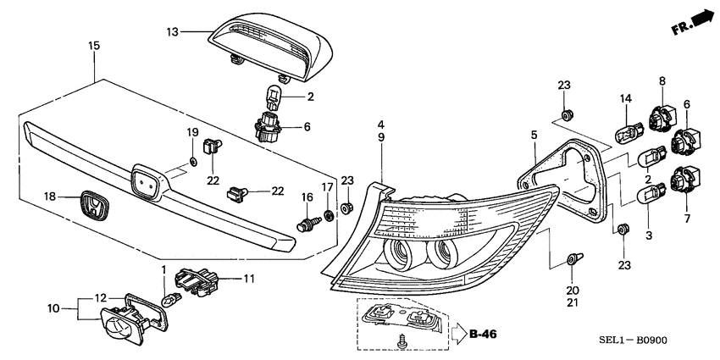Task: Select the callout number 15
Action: click(94, 44)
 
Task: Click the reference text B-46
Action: click(483, 334)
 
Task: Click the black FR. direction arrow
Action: click(700, 18)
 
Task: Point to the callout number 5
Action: click(534, 134)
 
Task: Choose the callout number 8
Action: click(662, 80)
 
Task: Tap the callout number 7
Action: click(687, 219)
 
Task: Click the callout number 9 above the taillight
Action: click(382, 136)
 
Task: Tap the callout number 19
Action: click(192, 132)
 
